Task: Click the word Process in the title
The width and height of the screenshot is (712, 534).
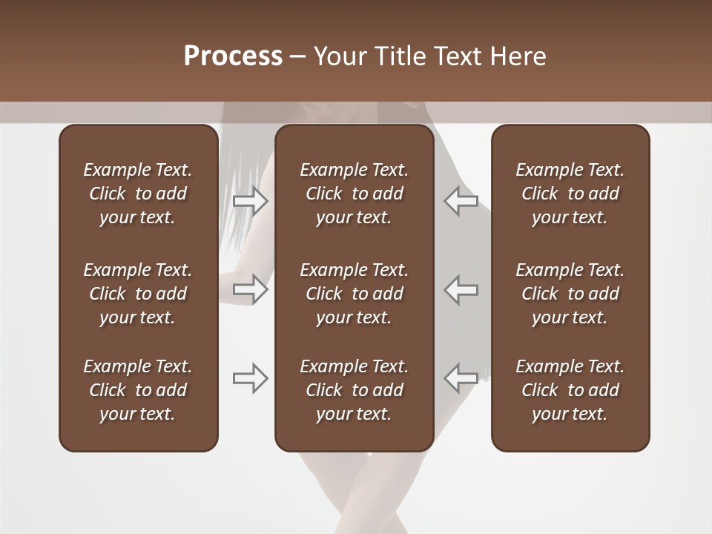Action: (x=233, y=56)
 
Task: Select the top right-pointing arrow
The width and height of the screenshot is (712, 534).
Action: (x=251, y=201)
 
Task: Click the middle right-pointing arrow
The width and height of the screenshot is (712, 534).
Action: (x=251, y=289)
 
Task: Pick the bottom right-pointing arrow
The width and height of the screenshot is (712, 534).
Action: (x=251, y=378)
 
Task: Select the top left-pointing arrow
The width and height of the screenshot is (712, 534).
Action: (x=461, y=201)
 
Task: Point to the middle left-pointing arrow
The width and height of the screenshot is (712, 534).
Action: (x=461, y=289)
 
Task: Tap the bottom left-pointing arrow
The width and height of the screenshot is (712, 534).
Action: (x=461, y=378)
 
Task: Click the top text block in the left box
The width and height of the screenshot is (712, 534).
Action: (x=138, y=194)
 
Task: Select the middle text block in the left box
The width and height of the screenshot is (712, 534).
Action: (x=138, y=294)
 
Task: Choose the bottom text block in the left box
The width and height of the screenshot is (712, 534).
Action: (x=138, y=390)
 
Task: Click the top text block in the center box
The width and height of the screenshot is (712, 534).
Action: (x=354, y=194)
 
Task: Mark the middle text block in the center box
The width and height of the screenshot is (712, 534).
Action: (x=354, y=294)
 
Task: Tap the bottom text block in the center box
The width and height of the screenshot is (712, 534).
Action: (x=354, y=390)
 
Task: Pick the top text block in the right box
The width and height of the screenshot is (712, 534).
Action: (x=570, y=194)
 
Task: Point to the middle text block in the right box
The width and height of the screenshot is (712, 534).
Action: (x=570, y=294)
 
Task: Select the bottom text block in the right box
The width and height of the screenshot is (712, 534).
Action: (x=570, y=390)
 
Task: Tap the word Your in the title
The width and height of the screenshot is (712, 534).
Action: (x=337, y=56)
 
